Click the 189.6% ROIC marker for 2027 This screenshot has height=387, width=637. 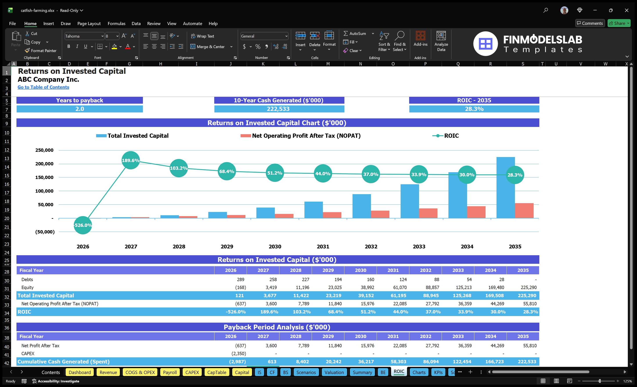click(131, 160)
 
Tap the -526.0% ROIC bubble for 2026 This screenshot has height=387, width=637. click(83, 225)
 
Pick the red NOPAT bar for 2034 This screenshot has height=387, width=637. click(476, 212)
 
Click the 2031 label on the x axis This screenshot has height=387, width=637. click(323, 246)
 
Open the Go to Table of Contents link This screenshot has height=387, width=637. click(43, 87)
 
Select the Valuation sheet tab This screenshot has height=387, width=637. click(334, 372)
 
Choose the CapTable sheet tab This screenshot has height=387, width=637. click(217, 372)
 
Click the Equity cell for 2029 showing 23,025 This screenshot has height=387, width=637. click(335, 288)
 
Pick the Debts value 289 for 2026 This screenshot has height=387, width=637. click(240, 279)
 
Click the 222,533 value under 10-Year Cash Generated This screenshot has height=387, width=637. click(278, 109)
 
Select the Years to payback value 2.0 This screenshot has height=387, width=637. click(80, 109)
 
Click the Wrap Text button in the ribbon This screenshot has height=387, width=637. click(202, 36)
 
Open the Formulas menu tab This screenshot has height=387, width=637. click(116, 24)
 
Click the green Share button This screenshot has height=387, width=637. click(619, 23)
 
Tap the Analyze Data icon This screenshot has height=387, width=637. click(441, 41)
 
